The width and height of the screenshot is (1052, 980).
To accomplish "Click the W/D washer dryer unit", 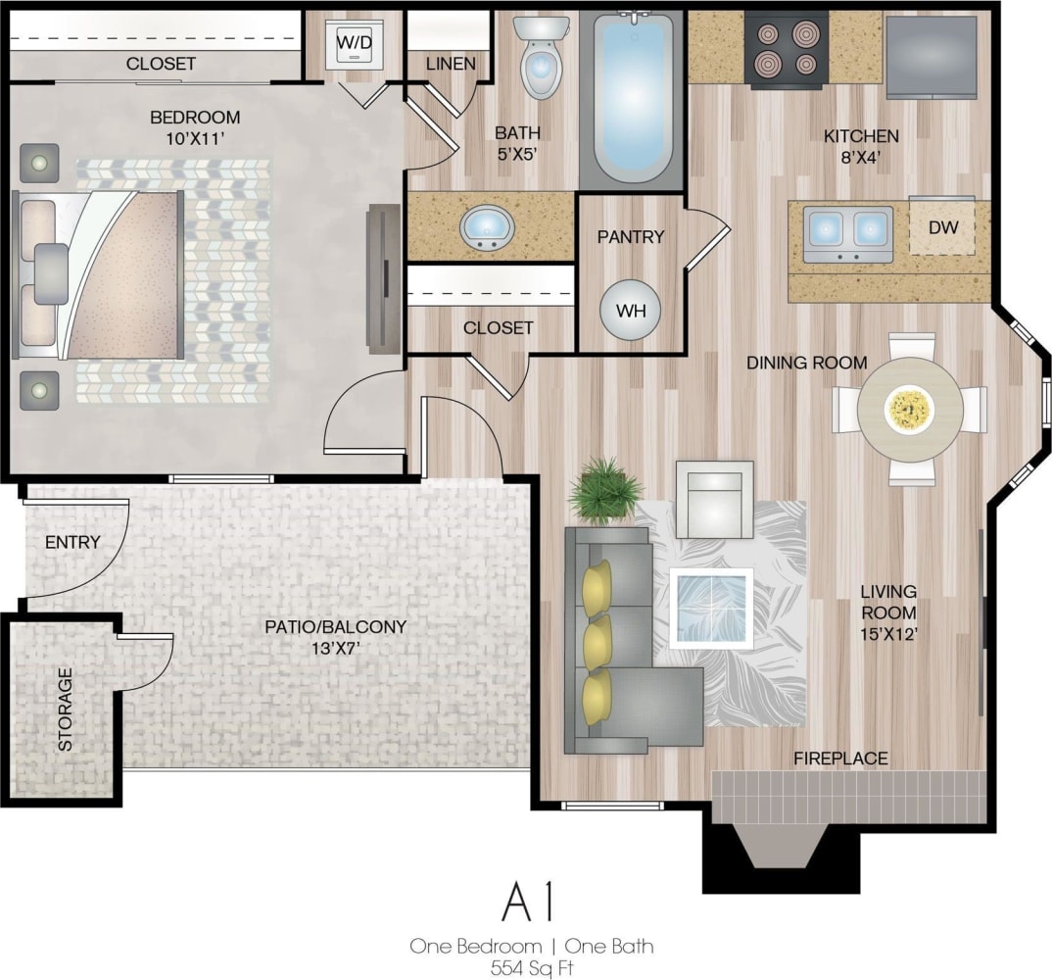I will click(x=353, y=44).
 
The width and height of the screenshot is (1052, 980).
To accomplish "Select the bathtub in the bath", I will click(x=633, y=98).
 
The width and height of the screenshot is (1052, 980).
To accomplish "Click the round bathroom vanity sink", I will click(x=488, y=226).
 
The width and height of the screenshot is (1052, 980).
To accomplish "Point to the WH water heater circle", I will click(x=630, y=311).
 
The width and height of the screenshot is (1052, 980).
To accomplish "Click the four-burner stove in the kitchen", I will click(x=787, y=49).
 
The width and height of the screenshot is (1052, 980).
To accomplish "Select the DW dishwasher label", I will click(x=942, y=227).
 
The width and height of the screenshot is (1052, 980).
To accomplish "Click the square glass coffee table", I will click(x=711, y=608).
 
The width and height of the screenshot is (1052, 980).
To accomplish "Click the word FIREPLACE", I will click(x=840, y=758).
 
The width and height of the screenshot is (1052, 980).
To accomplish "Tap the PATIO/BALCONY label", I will click(x=335, y=627).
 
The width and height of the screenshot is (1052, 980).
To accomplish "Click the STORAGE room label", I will click(x=65, y=710).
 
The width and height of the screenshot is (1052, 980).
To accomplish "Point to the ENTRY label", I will click(x=72, y=542).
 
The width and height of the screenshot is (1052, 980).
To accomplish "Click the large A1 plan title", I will click(x=529, y=902).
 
